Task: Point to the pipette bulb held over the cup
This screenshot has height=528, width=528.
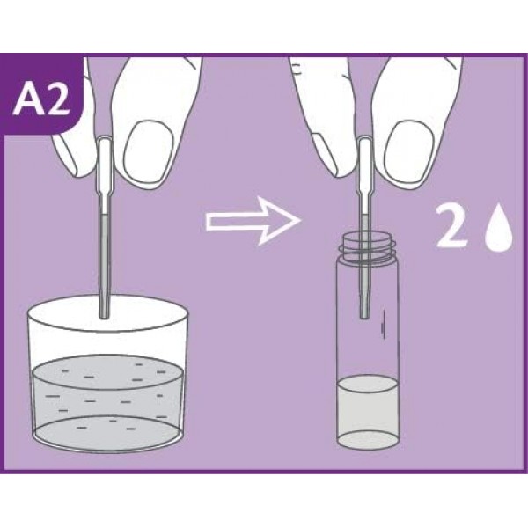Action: pyautogui.click(x=105, y=163)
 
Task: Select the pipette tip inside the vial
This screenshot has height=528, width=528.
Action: pyautogui.click(x=363, y=306)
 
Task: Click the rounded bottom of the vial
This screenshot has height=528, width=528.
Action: pyautogui.click(x=364, y=440)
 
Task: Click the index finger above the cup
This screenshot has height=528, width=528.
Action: pyautogui.click(x=79, y=132)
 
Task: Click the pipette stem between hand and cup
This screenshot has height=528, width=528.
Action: pyautogui.click(x=105, y=246)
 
